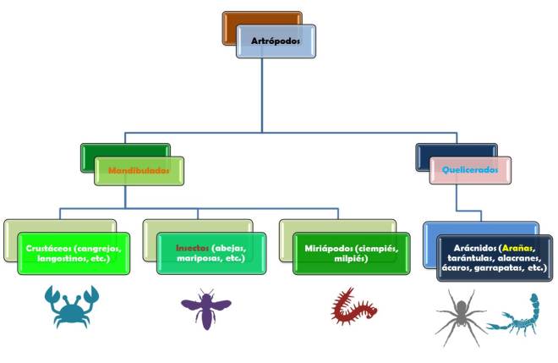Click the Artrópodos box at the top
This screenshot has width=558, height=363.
click(x=276, y=41)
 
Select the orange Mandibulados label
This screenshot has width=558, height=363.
click(x=139, y=169)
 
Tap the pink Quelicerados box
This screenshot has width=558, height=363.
click(x=470, y=169)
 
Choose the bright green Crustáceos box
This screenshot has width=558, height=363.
click(x=74, y=253)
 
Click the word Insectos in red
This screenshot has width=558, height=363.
click(x=192, y=248)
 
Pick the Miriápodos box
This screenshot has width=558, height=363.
click(x=347, y=253)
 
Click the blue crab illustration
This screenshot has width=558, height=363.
click(x=72, y=306)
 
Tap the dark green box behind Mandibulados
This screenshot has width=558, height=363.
click(x=101, y=151)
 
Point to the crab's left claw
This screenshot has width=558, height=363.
click(x=52, y=294)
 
